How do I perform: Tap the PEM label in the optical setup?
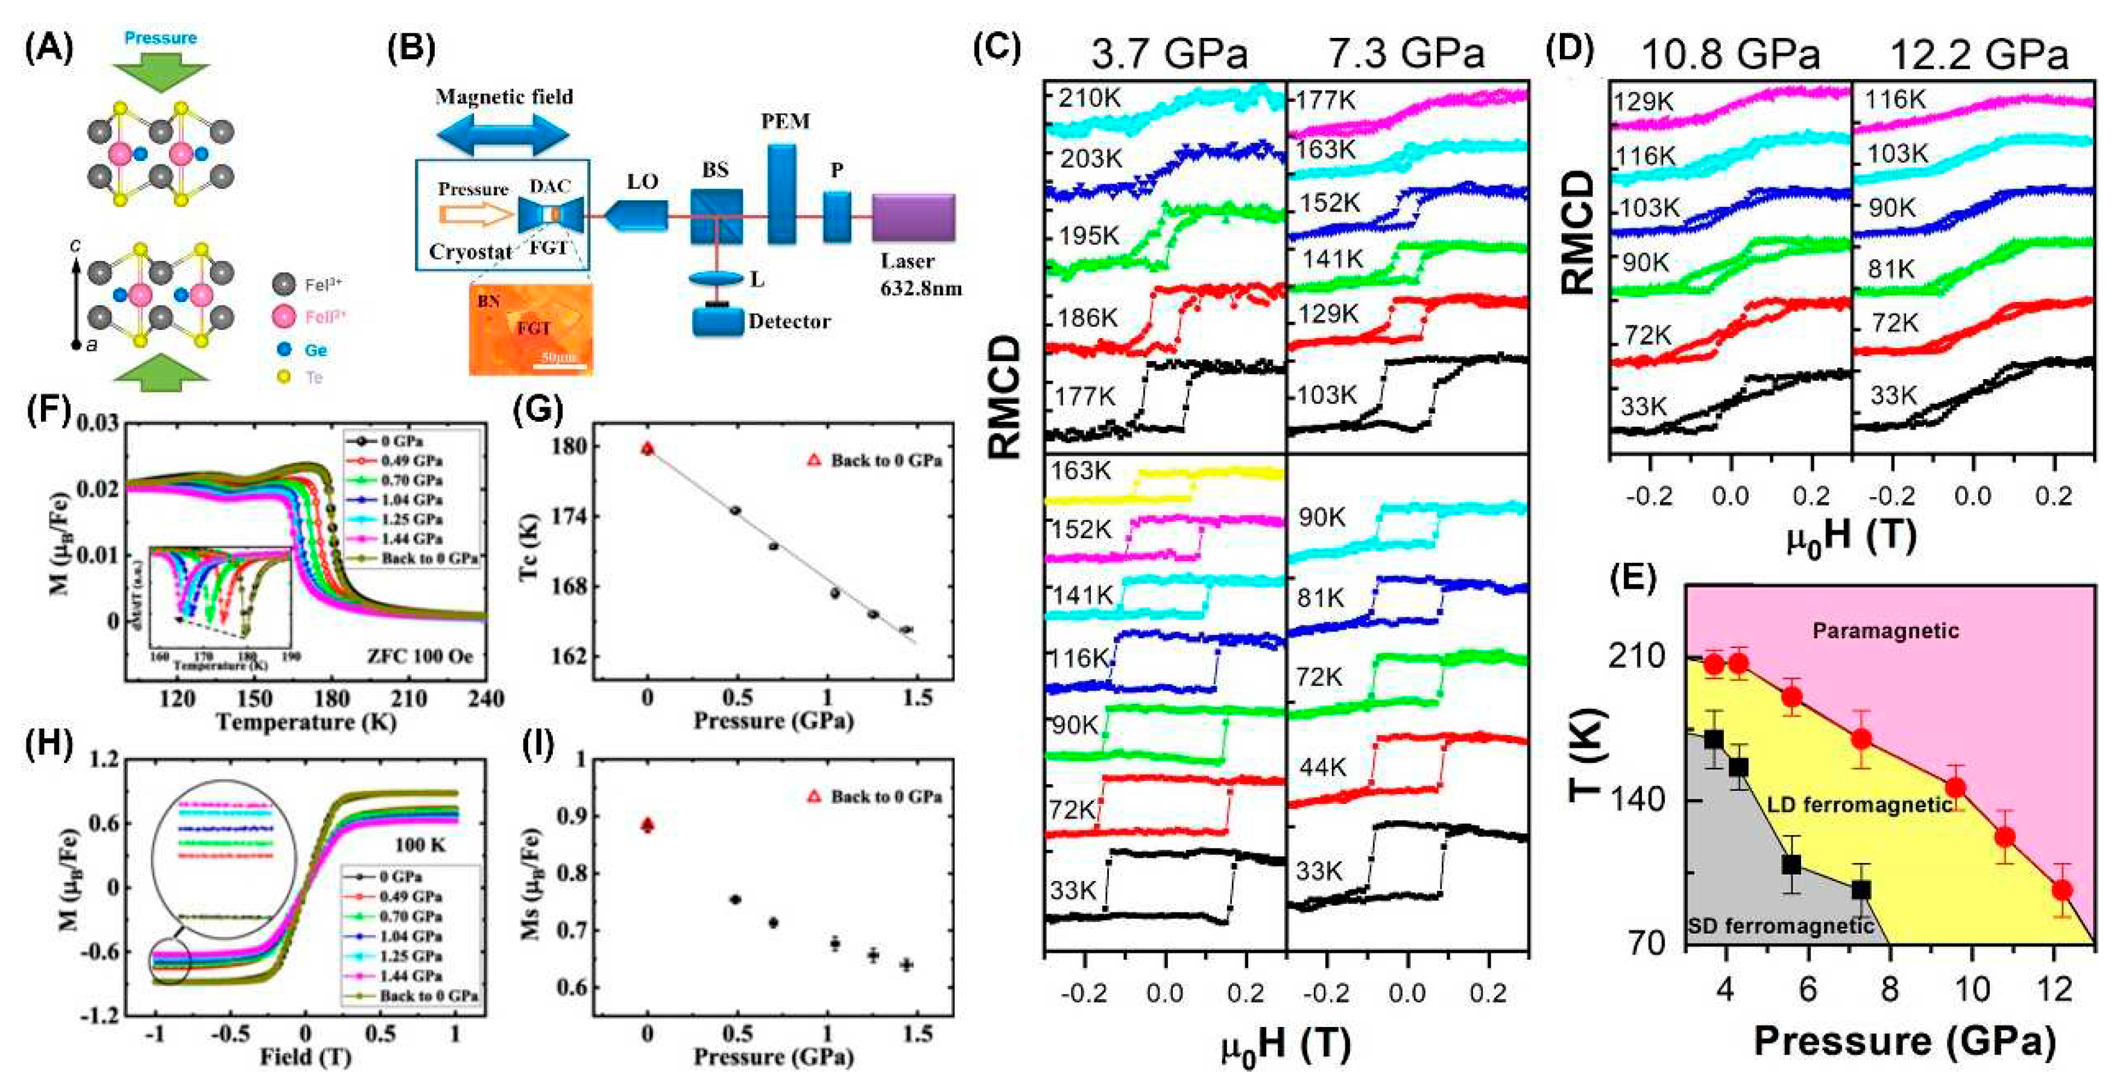784,121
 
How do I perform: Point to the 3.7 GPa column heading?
1169,54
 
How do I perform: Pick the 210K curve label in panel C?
1089,98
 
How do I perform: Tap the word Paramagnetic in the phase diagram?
1885,631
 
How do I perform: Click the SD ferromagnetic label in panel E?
1780,926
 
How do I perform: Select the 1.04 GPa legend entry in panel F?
411,500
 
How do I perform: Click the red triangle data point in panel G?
648,449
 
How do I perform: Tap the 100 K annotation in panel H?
420,845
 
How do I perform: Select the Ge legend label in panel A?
316,350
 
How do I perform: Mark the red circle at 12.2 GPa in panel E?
2061,890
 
